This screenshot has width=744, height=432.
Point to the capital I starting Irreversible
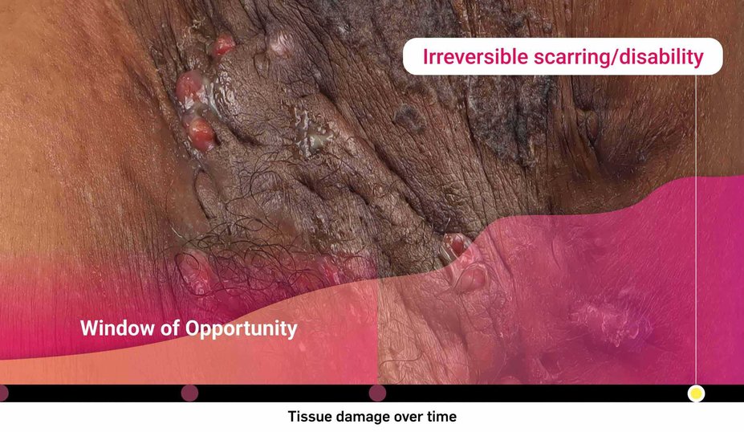[x=426, y=57]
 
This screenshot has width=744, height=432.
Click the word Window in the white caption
[x=111, y=328]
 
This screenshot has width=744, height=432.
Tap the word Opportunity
[x=241, y=329]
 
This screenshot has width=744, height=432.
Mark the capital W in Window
[x=87, y=328]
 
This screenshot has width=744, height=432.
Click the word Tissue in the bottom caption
[x=308, y=417]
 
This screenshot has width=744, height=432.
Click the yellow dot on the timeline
[x=696, y=393]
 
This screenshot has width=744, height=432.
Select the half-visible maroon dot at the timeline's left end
[x=2, y=393]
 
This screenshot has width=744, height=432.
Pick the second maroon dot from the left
[x=189, y=393]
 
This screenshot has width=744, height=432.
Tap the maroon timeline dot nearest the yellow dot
[x=377, y=393]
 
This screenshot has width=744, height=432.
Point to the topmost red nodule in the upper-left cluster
[x=223, y=46]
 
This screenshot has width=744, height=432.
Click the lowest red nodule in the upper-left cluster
[x=199, y=132]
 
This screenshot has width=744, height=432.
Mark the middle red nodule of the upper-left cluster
[x=190, y=86]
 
